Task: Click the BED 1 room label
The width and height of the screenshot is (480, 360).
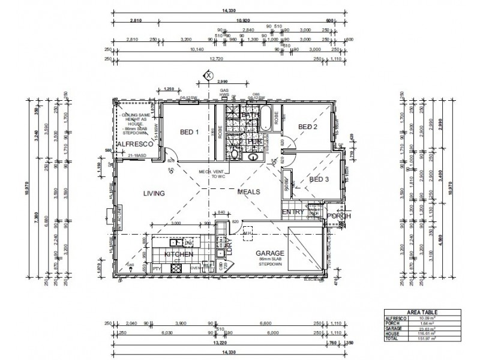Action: [190, 133]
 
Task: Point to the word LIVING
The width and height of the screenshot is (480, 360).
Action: [154, 193]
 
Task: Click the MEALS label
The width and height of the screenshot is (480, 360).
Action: [248, 192]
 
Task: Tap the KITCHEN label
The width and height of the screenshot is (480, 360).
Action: [178, 254]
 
